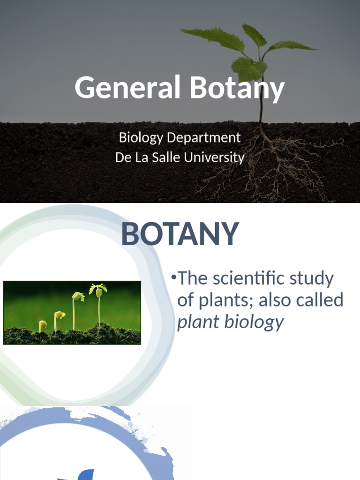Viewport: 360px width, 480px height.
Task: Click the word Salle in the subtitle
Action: (x=166, y=157)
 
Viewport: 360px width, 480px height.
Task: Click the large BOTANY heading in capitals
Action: (x=180, y=234)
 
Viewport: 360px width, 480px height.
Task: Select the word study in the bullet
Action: (x=314, y=278)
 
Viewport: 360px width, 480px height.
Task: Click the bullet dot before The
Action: (x=173, y=277)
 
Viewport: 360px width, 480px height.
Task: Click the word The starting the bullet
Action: (x=192, y=278)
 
